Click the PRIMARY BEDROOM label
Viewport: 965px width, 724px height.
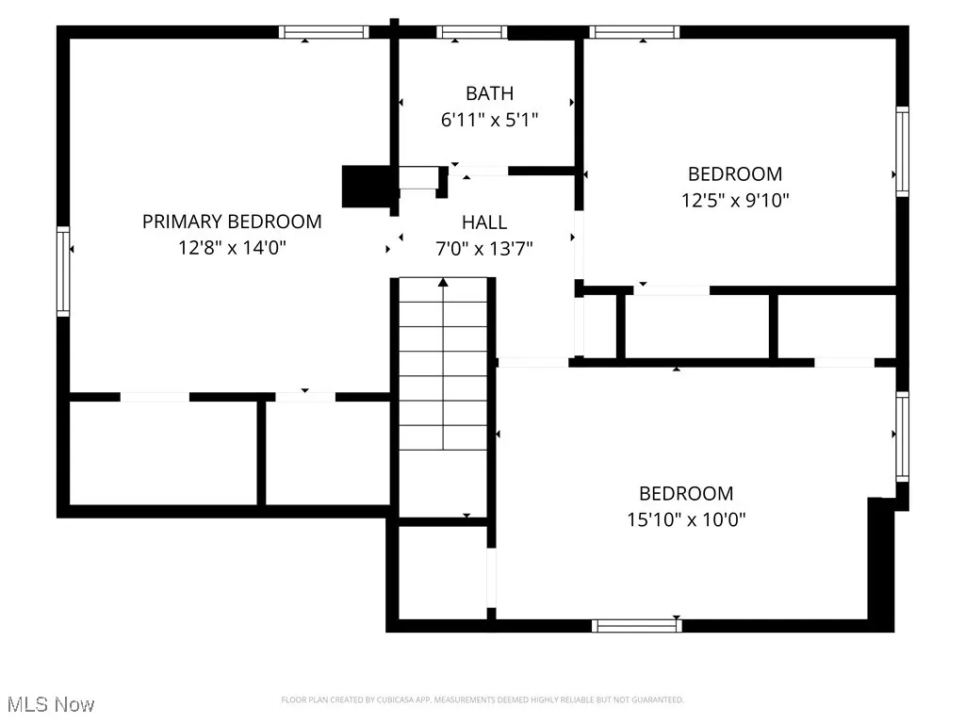coord(232,222)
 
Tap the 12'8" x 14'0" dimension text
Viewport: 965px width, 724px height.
coord(232,248)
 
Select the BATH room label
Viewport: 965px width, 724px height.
coord(489,93)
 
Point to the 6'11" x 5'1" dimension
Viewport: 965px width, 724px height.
coord(489,120)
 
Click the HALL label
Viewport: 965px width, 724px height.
coord(484,222)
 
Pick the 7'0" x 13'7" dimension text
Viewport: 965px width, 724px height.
coord(484,249)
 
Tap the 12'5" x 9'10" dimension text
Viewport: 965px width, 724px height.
coord(735,200)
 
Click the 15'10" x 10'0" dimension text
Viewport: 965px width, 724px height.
coord(686,519)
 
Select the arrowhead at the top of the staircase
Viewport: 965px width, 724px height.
coord(443,282)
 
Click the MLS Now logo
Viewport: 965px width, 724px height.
coord(51,704)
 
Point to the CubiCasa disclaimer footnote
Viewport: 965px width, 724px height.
coord(482,699)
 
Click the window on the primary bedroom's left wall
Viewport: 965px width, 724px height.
coord(63,271)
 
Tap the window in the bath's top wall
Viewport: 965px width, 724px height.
coord(471,32)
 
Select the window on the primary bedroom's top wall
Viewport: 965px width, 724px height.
coord(323,32)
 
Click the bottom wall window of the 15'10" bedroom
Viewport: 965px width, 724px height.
coord(635,624)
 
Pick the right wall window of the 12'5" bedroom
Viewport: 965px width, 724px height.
coord(902,151)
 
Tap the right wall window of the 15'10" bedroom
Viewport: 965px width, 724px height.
coord(902,436)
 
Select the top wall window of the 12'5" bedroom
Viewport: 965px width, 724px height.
coord(634,32)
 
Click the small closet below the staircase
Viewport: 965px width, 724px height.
coord(442,571)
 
